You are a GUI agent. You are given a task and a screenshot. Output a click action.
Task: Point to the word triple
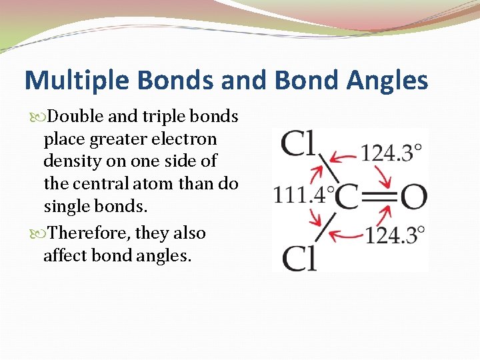tap(163, 117)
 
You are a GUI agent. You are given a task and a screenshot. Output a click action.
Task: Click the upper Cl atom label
tap(299, 143)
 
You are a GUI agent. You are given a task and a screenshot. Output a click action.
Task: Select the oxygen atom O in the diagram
tap(413, 197)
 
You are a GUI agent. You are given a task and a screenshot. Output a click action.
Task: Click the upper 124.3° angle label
tap(391, 153)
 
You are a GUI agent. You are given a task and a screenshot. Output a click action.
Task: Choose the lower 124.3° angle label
tap(393, 235)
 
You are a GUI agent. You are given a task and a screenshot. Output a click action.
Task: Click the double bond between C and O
tap(379, 197)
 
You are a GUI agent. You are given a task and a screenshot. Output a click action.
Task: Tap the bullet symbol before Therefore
tap(43, 234)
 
